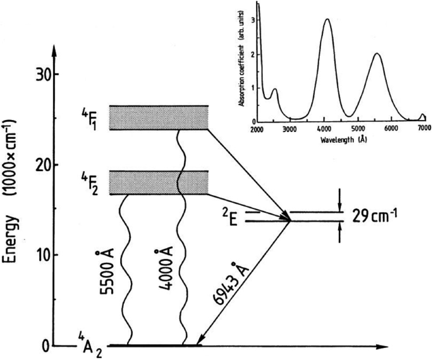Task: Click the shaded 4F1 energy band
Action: [x=159, y=117]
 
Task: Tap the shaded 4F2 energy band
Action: [x=159, y=183]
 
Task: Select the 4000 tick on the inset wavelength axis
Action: [x=324, y=129]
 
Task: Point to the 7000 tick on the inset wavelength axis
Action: [x=424, y=129]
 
